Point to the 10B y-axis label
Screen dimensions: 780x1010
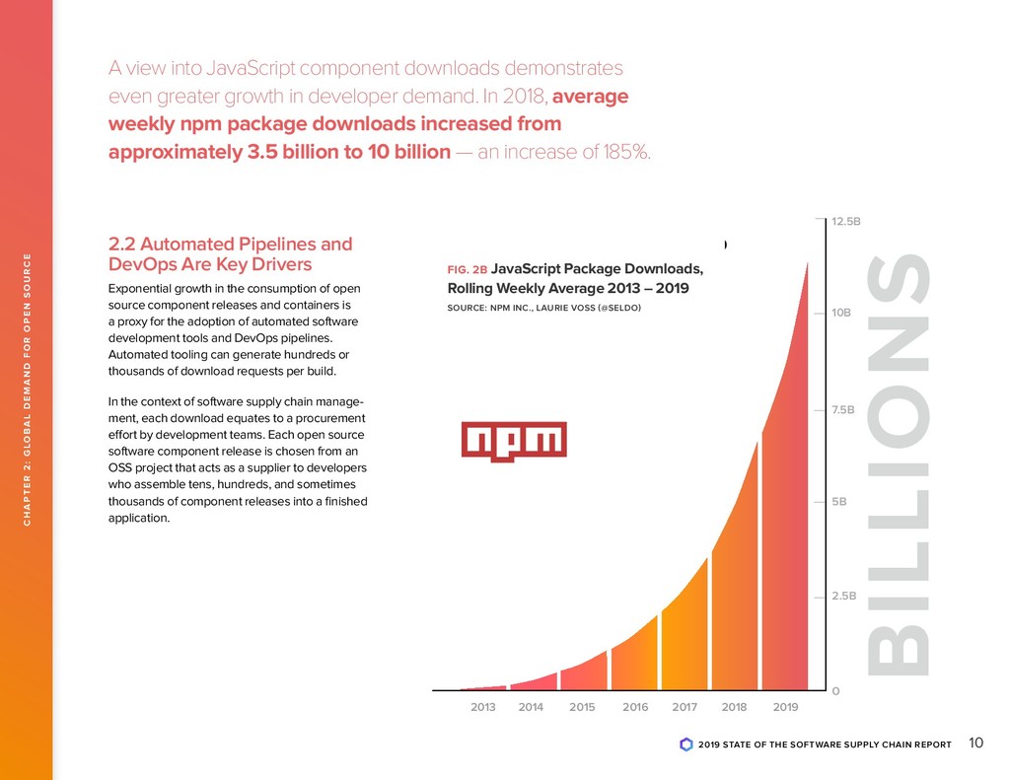tap(841, 314)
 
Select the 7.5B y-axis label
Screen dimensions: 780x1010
tap(844, 409)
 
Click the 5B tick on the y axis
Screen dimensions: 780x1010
tap(838, 501)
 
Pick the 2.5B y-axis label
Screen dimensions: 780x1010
tap(844, 596)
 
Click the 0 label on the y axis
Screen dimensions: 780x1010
tap(835, 690)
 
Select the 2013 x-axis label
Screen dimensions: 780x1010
tap(483, 707)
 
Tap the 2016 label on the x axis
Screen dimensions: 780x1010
tap(635, 707)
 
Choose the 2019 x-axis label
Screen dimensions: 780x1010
tap(785, 707)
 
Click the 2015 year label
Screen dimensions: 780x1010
tap(582, 707)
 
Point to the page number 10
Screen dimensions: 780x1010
tap(976, 743)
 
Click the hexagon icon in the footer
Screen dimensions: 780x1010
tap(686, 745)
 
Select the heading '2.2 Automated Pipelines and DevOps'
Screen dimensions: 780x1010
tap(229, 253)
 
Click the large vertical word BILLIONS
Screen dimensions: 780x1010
tap(902, 465)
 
